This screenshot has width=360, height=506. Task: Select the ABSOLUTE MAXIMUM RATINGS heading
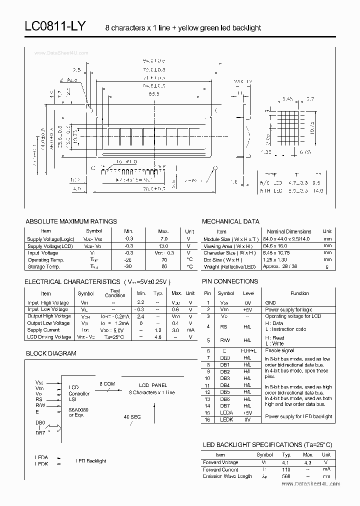coord(71,221)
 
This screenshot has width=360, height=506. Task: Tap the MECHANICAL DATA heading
coord(230,221)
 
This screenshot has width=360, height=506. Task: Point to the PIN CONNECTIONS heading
coord(230,281)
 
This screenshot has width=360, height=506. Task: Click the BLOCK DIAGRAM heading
coord(51,353)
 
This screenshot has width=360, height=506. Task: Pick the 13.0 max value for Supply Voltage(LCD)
coord(163,246)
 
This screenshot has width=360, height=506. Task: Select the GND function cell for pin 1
coord(270,302)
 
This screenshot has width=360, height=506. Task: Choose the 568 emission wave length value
coord(286,476)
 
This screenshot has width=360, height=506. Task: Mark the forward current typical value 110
coord(286,469)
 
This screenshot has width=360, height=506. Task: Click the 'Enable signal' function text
coord(279,351)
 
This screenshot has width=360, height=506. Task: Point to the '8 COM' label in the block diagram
coord(107,383)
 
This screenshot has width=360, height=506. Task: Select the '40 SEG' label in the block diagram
coord(132,416)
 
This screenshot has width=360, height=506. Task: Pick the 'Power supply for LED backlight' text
coord(298,416)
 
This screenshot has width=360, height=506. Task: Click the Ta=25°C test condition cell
coord(114,337)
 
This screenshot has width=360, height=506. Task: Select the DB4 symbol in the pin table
coord(225,385)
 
